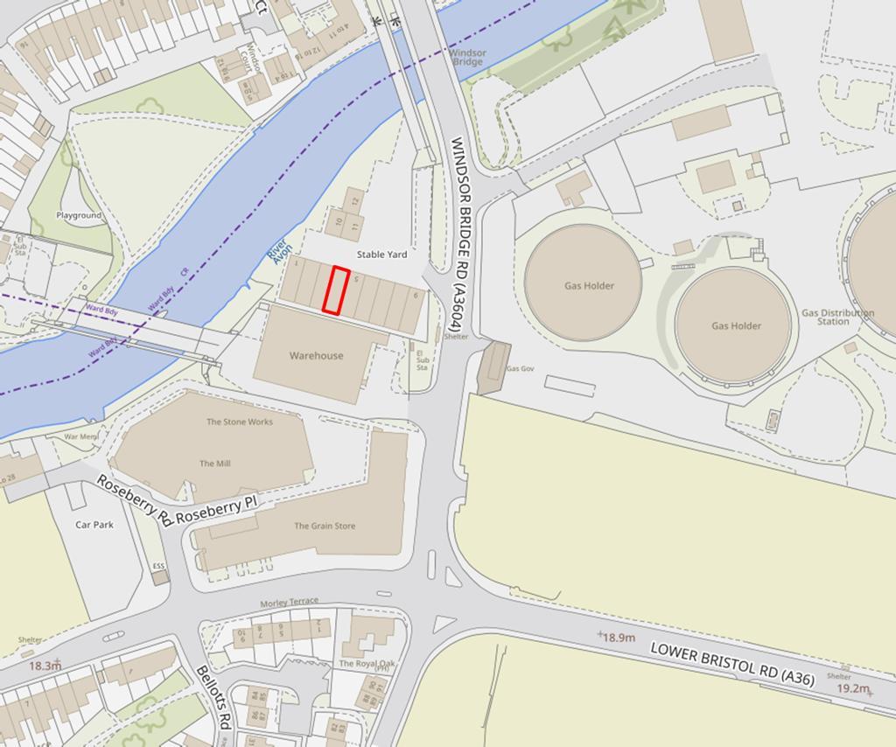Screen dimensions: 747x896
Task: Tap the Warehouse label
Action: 316,356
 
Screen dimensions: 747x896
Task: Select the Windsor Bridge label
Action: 467,57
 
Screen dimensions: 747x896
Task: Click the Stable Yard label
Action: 381,255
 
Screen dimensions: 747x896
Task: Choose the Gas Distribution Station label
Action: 836,317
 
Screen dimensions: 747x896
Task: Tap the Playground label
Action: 79,215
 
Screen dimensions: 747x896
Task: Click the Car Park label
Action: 94,525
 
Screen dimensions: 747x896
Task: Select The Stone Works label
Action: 239,422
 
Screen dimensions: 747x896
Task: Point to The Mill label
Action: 214,464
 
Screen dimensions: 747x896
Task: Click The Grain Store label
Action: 324,526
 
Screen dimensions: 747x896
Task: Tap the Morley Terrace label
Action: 290,603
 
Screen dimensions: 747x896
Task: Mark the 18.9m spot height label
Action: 619,638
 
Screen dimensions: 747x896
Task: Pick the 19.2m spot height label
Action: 852,688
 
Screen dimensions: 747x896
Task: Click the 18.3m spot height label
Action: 45,666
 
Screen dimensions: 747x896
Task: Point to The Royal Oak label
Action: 367,664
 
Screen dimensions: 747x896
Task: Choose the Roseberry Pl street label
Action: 218,511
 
